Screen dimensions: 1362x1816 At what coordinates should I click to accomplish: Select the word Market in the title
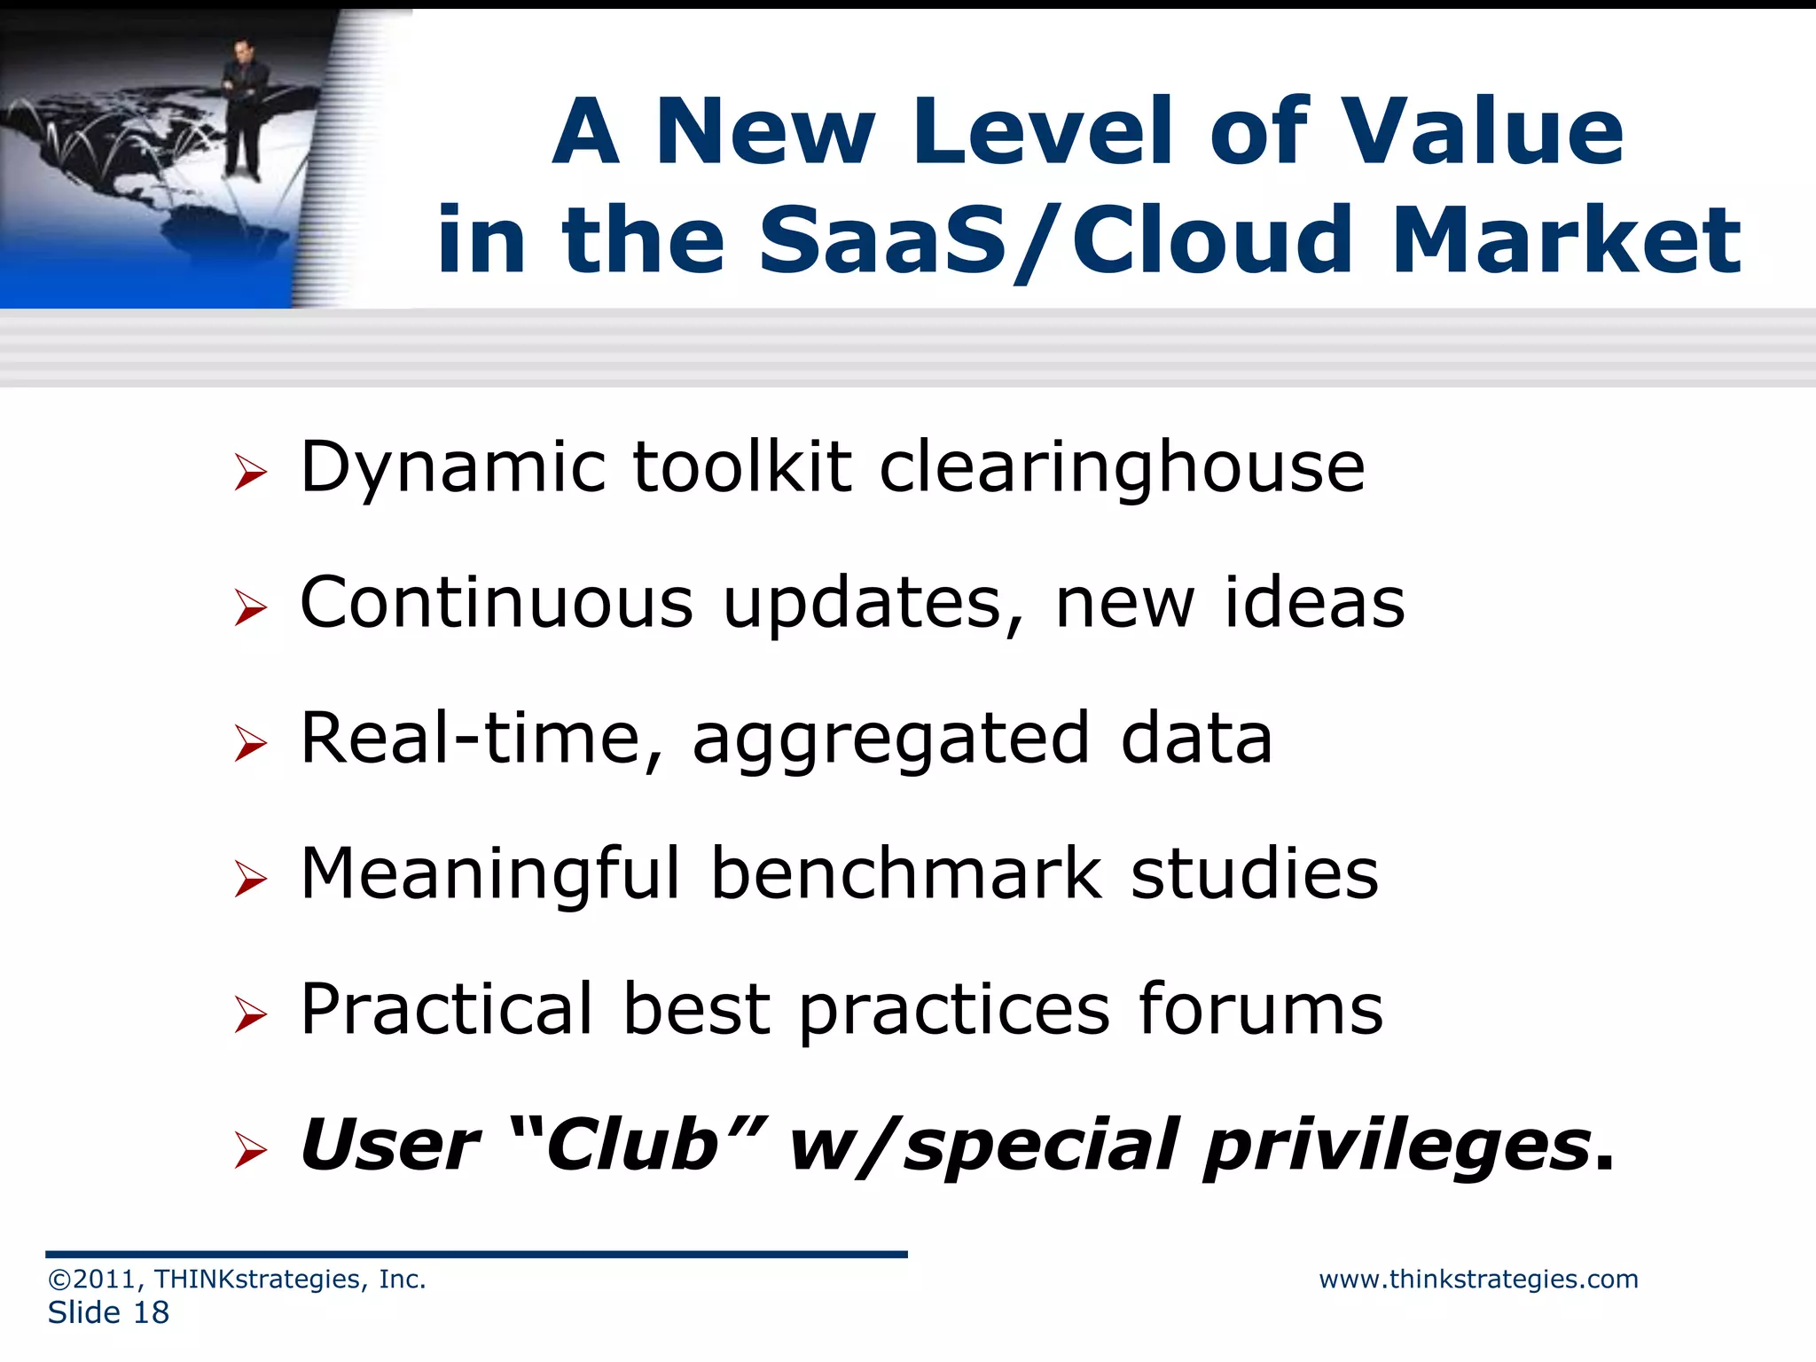click(1565, 239)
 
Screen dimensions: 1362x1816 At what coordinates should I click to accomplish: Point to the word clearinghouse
click(1121, 468)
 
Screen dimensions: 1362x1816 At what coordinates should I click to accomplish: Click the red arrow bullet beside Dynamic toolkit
click(251, 472)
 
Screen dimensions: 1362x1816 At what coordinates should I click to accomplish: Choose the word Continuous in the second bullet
click(497, 603)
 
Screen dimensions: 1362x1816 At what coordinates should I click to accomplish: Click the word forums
click(1260, 1010)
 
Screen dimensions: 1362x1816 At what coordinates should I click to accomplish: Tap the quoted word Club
click(633, 1145)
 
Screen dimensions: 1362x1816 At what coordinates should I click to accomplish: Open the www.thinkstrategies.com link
click(1478, 1280)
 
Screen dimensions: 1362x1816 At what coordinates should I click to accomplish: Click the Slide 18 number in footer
click(108, 1313)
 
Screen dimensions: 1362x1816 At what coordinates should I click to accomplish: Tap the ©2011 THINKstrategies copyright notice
click(237, 1280)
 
